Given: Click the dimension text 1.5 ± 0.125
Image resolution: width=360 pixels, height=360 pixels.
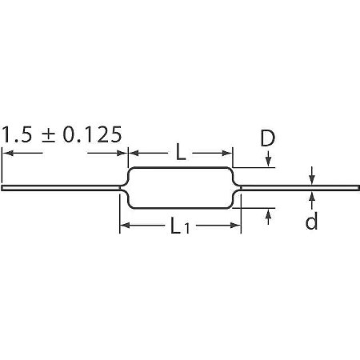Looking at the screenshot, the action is point(62,134).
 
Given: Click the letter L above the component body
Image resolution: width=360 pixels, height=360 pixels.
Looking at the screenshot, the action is point(181,151).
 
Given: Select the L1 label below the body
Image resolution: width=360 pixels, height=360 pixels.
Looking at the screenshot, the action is point(180,226).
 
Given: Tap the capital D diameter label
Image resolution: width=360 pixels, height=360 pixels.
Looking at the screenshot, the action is point(267,138).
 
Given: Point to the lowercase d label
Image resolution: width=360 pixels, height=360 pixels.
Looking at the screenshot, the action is point(311,220).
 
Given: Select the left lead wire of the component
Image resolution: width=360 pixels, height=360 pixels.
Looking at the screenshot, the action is point(61,188).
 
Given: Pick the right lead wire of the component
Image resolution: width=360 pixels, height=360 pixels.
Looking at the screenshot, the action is point(300,188).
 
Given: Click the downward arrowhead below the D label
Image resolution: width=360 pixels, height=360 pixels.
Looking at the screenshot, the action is point(269,162).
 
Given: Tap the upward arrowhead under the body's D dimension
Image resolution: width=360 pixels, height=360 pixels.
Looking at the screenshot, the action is point(269,214).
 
